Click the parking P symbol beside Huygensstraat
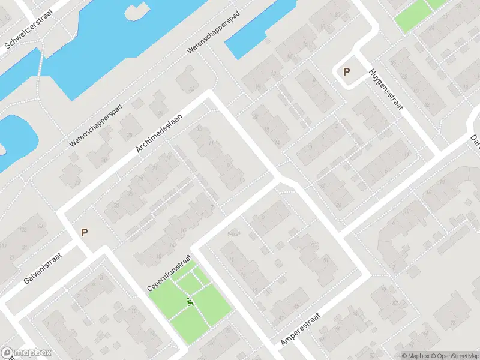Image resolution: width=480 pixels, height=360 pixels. (346, 71)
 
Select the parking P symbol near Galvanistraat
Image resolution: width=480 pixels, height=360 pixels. (84, 232)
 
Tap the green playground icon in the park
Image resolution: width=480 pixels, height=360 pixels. (190, 302)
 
